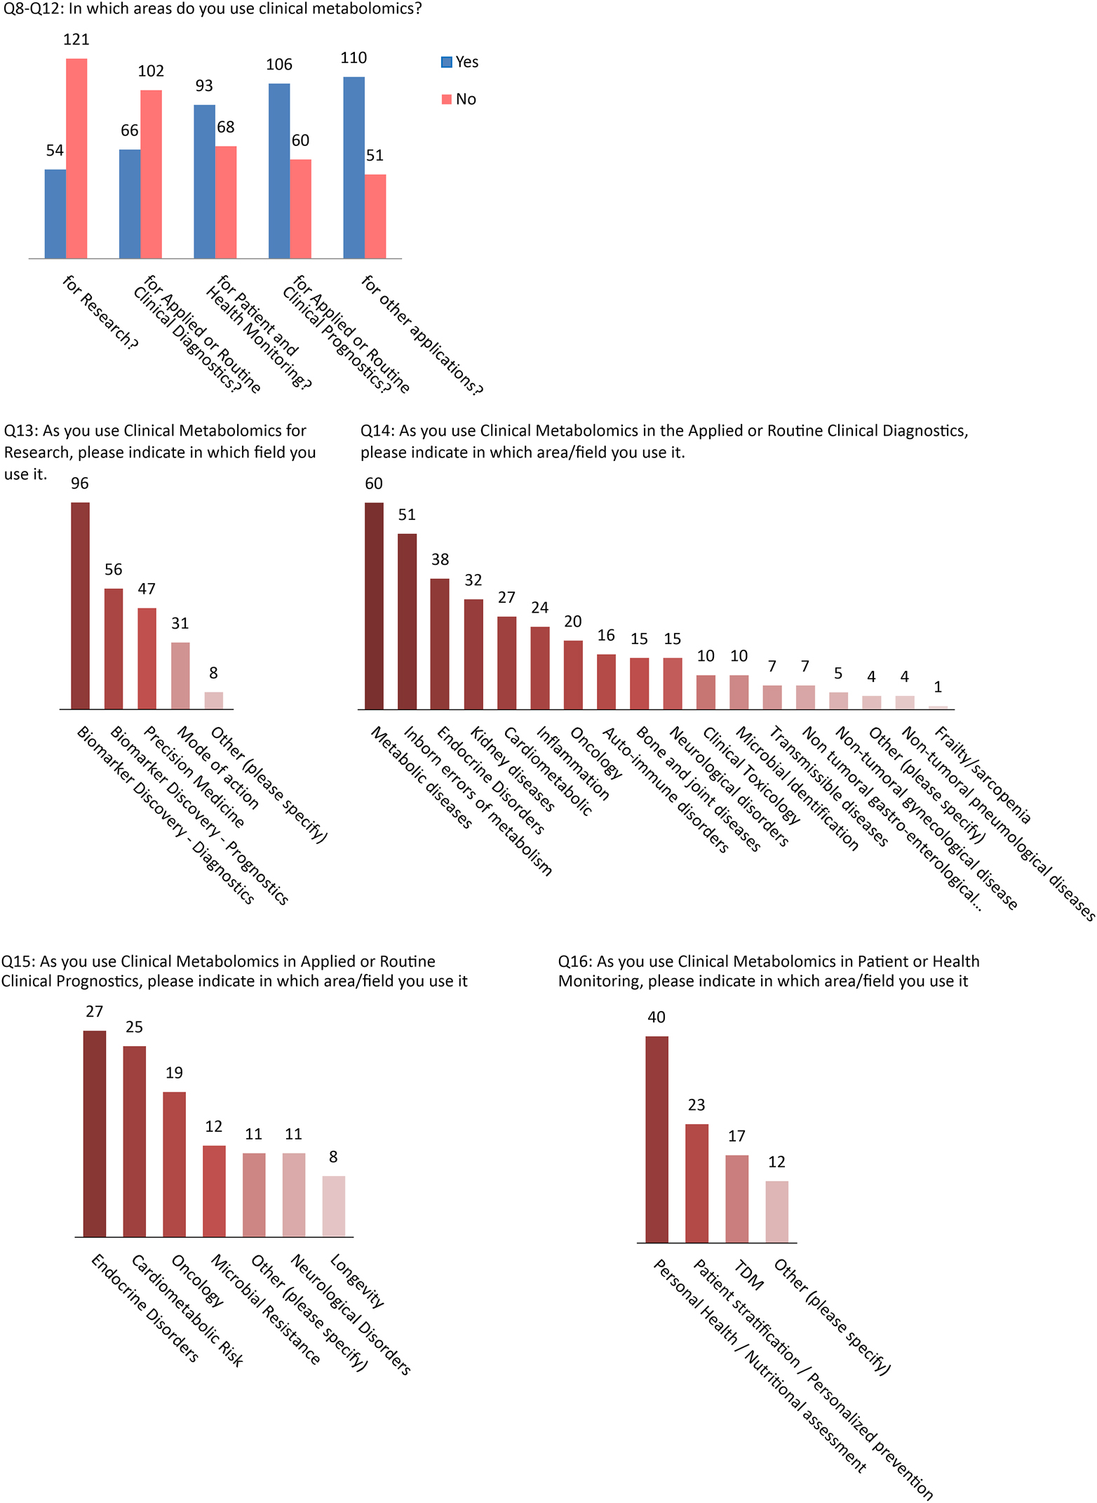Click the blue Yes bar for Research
point(55,214)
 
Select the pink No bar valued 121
point(76,159)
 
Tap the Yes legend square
point(446,62)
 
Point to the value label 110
point(354,58)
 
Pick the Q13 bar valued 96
point(80,606)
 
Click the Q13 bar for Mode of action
point(180,675)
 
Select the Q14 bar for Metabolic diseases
point(374,606)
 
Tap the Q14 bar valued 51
point(407,621)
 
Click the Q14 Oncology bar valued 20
point(573,674)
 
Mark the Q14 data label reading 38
point(440,559)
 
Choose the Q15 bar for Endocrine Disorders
point(95,1133)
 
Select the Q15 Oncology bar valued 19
point(174,1163)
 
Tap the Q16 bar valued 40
point(657,1139)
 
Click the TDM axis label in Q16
point(748,1274)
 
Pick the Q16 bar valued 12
point(776,1211)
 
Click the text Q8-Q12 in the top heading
point(32,9)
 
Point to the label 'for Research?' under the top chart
point(100,312)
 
